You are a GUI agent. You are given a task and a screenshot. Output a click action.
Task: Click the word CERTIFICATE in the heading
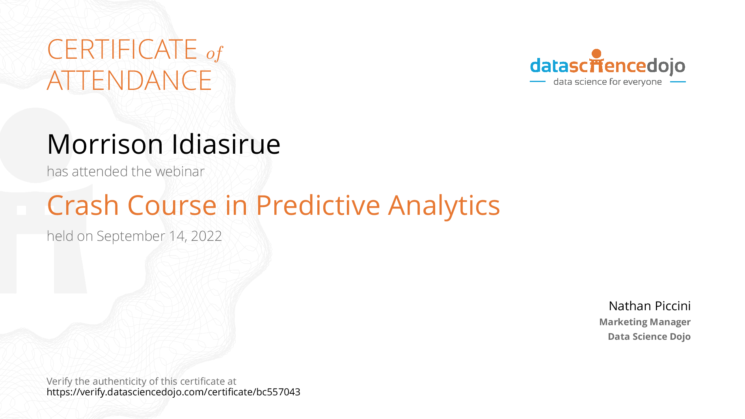122,49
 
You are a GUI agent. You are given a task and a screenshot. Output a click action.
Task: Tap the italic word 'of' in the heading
215,53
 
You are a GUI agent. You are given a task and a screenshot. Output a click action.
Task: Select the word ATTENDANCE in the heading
129,80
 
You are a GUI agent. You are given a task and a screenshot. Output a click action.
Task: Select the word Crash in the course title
83,205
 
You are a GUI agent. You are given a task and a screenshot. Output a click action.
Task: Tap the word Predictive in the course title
318,205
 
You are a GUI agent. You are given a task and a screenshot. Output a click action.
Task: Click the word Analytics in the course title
444,206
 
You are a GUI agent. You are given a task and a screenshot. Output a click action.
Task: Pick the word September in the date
131,237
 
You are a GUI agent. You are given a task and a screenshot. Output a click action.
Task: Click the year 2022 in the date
206,236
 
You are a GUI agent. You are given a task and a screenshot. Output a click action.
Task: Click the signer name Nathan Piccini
650,306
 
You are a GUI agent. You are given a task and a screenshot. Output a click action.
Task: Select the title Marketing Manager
645,322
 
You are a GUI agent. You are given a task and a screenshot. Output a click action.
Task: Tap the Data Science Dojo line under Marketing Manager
649,337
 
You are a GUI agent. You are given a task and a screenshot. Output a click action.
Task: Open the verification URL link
173,392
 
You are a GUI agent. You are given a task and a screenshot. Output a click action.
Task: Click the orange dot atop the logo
597,54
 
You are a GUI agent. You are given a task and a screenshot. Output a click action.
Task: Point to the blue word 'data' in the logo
549,66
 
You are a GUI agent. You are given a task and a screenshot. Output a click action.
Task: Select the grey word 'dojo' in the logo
666,67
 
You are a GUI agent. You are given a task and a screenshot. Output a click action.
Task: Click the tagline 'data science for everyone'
607,82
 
